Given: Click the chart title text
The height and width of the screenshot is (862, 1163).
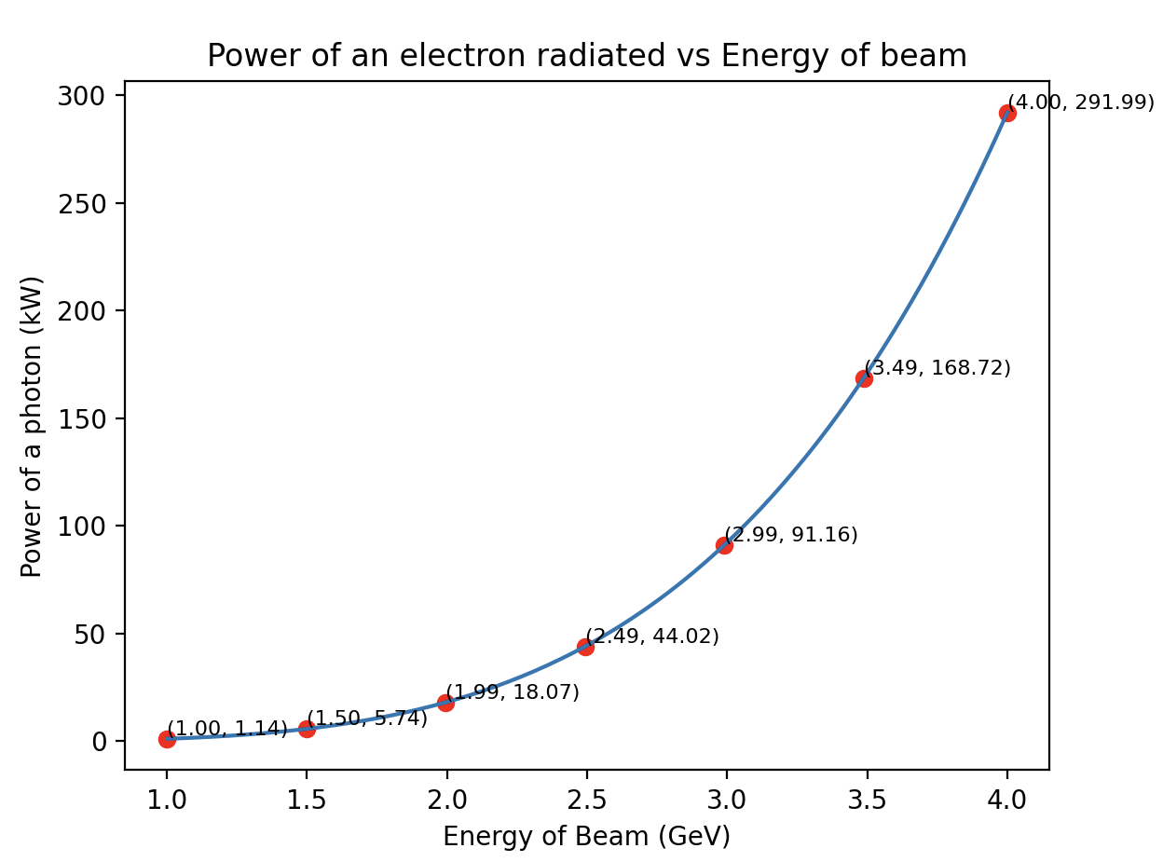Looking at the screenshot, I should click(586, 57).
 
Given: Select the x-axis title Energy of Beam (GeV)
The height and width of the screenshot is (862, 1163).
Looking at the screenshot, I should click(586, 836).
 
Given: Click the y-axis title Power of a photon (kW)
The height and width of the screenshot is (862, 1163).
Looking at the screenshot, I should click(32, 426).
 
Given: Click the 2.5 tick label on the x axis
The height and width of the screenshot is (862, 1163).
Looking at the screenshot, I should click(586, 799).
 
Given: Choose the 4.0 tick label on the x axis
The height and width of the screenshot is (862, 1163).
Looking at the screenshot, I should click(1006, 799).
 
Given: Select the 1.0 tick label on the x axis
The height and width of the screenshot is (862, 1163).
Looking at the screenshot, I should click(167, 799).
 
